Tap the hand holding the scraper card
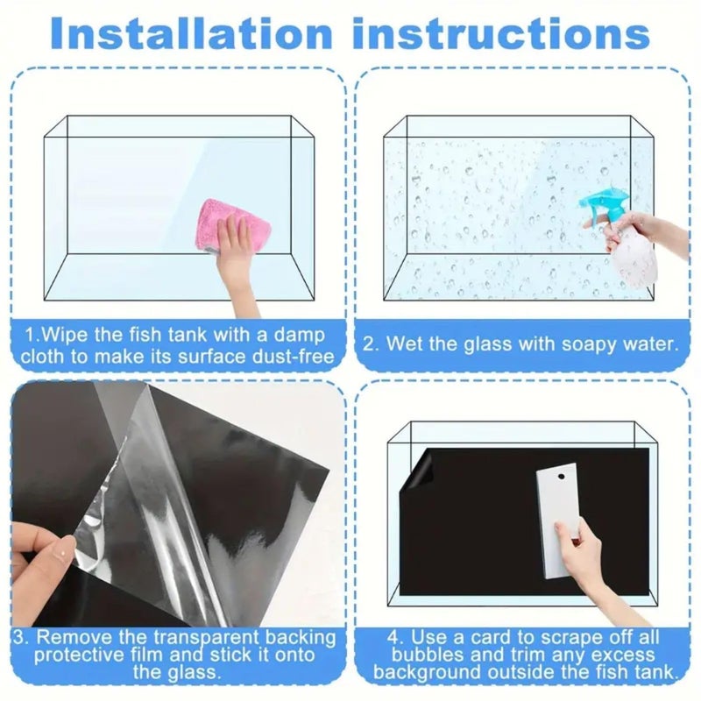(579, 548)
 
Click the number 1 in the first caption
(29, 334)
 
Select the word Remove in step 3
(76, 637)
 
